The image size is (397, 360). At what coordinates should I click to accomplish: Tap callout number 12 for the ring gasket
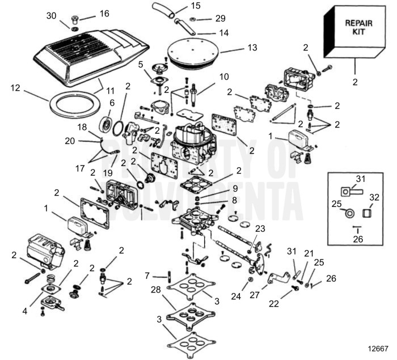16,88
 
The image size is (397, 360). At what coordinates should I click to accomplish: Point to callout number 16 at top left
104,13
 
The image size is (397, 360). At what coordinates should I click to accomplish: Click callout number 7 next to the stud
147,276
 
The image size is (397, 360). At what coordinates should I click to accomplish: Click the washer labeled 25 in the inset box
349,213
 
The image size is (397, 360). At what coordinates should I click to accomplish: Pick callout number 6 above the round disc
112,103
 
